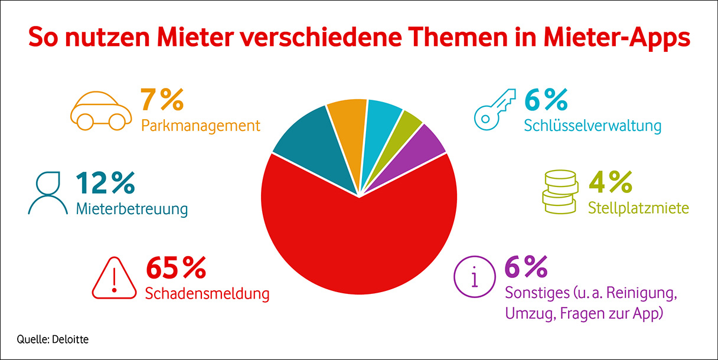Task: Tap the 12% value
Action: (105, 184)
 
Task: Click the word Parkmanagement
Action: (200, 126)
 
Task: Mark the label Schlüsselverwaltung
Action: (592, 126)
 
